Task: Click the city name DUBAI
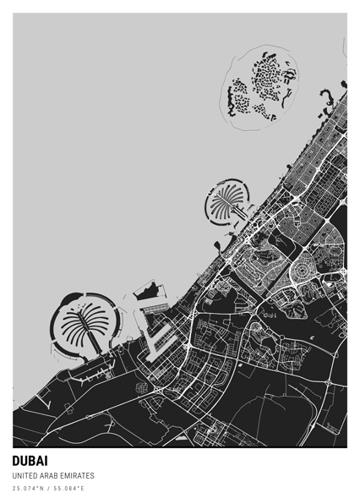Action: [30, 462]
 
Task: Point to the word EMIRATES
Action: [78, 476]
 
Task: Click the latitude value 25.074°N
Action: [26, 489]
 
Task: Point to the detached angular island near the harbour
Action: [150, 291]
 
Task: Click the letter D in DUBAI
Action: [17, 462]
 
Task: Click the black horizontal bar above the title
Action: [180, 448]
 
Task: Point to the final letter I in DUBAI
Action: [46, 462]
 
